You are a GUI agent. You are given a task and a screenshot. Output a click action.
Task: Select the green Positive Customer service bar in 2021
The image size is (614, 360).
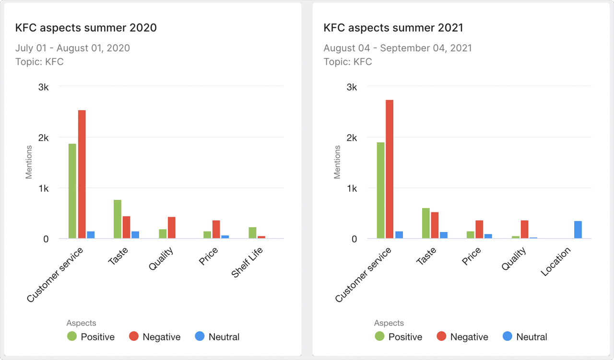point(380,190)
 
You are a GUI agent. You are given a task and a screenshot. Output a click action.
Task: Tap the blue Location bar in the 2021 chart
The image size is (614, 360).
point(578,230)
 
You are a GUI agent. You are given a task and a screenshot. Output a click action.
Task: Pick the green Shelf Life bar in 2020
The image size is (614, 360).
point(252,233)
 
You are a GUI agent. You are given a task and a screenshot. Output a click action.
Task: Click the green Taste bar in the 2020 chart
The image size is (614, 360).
point(118,219)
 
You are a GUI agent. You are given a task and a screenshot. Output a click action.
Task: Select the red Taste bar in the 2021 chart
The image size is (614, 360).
point(435,225)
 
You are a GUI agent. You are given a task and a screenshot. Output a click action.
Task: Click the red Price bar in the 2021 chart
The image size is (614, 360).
point(479,229)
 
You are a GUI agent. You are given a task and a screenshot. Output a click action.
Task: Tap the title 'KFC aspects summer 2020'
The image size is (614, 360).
point(86,28)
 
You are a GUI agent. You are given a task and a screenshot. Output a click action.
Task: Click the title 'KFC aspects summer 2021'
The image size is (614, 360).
point(393,28)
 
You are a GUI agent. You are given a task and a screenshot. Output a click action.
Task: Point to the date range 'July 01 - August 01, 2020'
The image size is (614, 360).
point(72,48)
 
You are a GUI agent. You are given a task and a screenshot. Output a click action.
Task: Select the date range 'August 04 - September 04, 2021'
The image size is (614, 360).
point(398,48)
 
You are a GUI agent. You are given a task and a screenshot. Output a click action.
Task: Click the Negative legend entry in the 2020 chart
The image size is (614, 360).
point(155,337)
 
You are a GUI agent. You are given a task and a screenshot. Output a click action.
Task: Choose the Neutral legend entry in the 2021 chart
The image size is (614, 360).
point(525,337)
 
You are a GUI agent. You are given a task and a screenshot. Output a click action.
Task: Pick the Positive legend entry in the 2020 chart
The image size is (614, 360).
point(91,337)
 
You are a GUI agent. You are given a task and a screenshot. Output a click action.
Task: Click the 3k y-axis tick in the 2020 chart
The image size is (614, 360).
point(44,87)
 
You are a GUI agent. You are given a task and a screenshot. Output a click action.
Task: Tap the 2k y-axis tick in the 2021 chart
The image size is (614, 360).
point(352,138)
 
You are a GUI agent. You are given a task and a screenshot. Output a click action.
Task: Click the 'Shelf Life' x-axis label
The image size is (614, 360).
point(248,262)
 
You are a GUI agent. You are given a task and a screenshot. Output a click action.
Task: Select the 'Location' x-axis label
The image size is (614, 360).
point(556,262)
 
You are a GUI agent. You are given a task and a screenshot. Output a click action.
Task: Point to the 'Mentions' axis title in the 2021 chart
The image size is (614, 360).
point(337,163)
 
